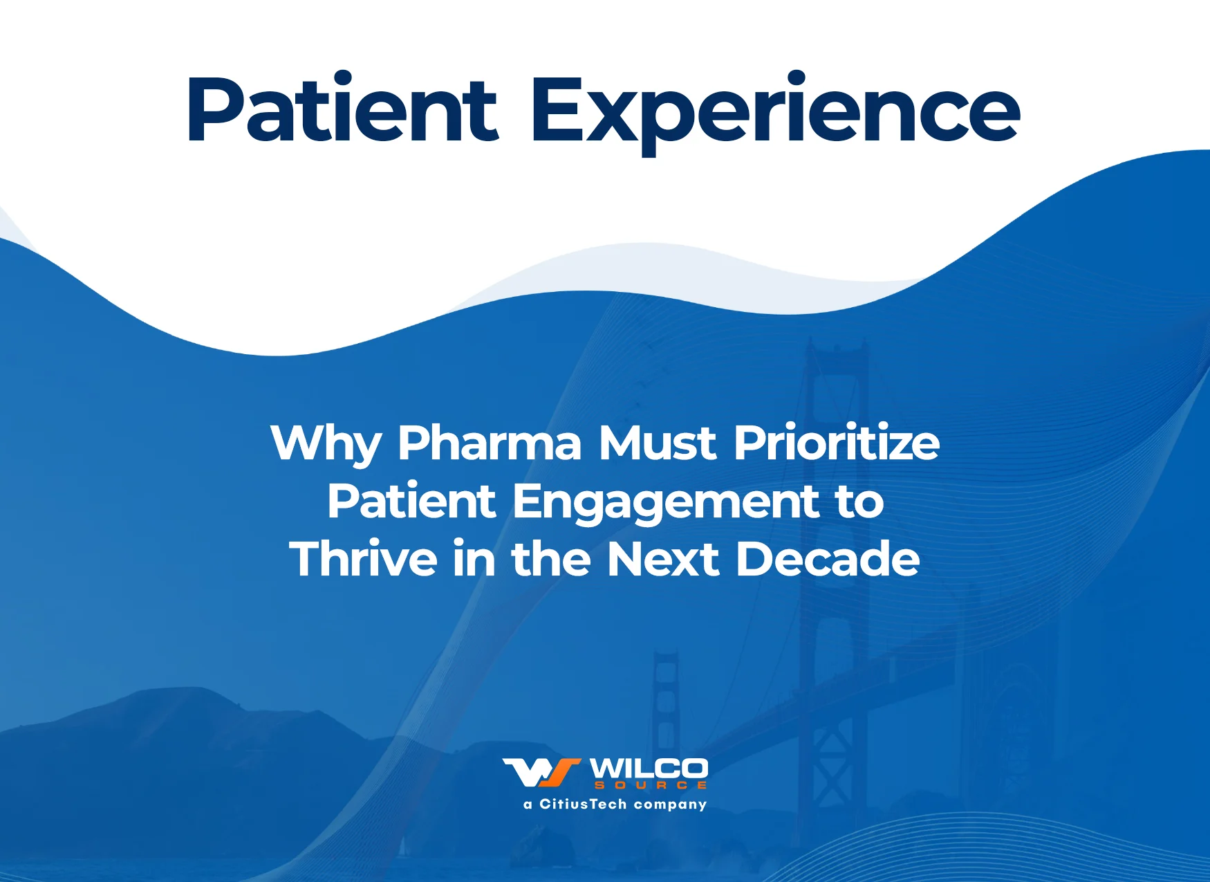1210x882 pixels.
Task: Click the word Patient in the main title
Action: pos(342,109)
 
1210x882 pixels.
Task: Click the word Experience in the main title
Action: pos(775,113)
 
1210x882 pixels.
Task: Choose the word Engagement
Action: pos(665,504)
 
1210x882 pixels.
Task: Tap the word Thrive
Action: pos(363,558)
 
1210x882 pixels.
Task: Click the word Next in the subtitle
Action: pos(663,559)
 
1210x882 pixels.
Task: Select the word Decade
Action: pos(828,558)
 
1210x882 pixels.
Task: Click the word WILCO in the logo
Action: pos(649,769)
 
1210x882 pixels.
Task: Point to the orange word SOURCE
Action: pos(651,785)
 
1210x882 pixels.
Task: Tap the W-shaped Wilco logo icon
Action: pos(541,773)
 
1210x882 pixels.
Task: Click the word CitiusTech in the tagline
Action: pos(583,804)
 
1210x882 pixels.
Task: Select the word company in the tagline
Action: pos(670,805)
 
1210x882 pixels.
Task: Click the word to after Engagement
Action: pos(859,502)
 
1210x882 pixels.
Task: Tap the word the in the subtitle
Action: pos(551,558)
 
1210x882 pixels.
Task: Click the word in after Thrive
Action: pos(474,558)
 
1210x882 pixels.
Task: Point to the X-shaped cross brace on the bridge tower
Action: pos(833,761)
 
